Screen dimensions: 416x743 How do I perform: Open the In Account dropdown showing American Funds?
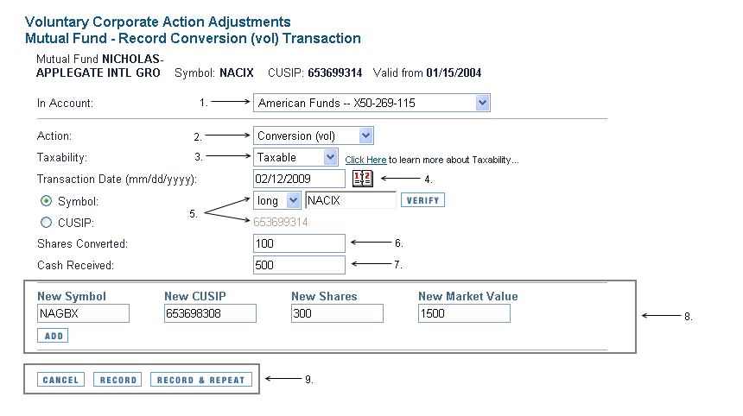coord(371,104)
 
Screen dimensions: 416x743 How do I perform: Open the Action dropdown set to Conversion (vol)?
coord(313,136)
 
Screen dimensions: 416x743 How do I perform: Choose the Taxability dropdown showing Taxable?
coord(295,157)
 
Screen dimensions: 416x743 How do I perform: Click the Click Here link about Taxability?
coord(365,160)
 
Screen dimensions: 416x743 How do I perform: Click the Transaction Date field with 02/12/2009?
coord(298,179)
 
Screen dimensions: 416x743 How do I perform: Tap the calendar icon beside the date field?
coord(362,179)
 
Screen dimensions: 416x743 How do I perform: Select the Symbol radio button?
coord(47,201)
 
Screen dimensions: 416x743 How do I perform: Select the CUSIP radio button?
coord(47,222)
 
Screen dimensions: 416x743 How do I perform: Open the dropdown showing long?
coord(276,200)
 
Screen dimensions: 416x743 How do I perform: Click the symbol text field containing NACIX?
coord(350,200)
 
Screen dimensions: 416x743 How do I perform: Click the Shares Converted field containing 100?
coord(298,244)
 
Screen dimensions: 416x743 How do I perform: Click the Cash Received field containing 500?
coord(298,265)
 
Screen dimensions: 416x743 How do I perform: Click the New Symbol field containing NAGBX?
coord(83,313)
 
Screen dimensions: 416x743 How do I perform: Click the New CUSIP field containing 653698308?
coord(210,313)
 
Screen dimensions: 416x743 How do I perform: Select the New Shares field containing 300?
coord(337,313)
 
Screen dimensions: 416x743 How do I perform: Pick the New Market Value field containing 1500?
coord(464,313)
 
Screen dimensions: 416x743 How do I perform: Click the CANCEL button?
coord(60,380)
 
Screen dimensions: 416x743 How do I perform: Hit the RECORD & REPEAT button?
coord(201,380)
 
